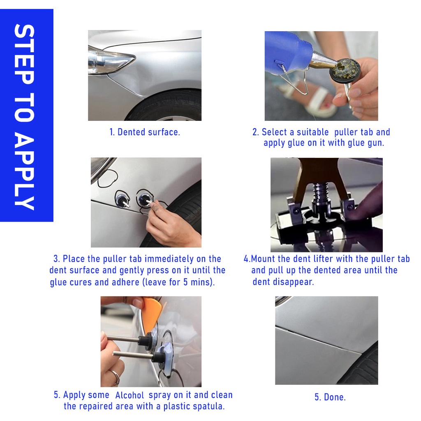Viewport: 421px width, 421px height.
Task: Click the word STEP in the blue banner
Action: click(x=24, y=54)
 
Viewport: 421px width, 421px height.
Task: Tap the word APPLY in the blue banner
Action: click(x=24, y=172)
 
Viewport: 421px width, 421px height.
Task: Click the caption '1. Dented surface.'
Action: click(x=145, y=132)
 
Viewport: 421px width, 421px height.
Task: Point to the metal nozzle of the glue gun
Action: click(x=322, y=62)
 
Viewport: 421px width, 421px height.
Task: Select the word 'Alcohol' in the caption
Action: click(x=130, y=395)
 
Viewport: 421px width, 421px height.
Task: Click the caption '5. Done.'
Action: click(x=330, y=397)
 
